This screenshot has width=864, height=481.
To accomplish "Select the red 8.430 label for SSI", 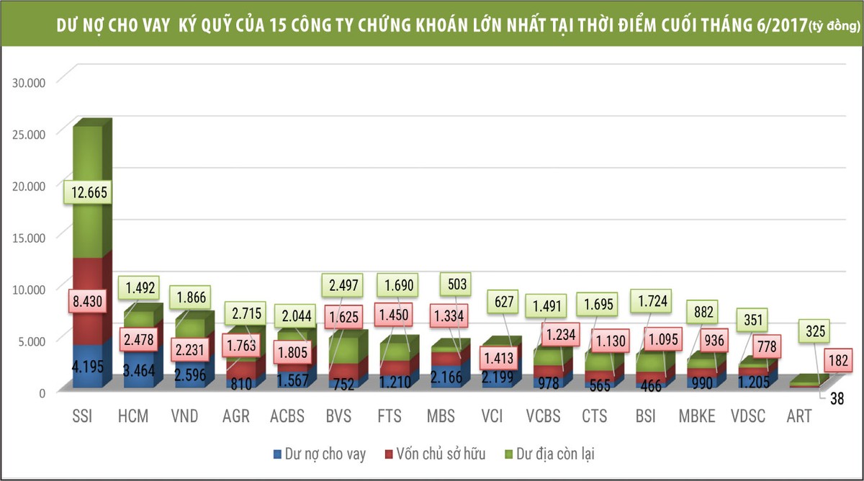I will click(x=86, y=300).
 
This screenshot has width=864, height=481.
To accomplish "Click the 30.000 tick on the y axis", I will click(x=29, y=82).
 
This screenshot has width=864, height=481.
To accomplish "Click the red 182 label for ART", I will click(x=834, y=361).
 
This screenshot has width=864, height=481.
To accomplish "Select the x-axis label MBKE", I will click(x=697, y=417).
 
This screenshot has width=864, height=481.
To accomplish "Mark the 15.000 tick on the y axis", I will click(x=29, y=237).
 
